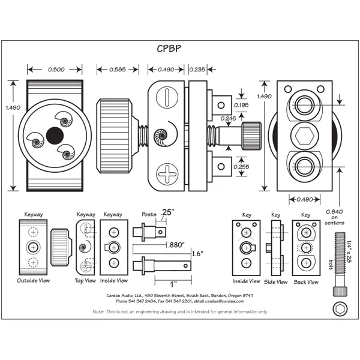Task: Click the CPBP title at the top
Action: click(169, 49)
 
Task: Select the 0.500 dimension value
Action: click(56, 70)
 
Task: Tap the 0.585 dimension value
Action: click(118, 70)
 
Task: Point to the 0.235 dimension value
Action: click(197, 70)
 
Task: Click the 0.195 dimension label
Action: click(241, 105)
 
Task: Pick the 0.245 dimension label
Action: click(228, 118)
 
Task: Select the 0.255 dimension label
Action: click(241, 167)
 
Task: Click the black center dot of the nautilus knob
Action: click(55, 136)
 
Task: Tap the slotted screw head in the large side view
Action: click(167, 97)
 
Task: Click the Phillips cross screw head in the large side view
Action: click(167, 174)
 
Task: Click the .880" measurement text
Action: click(176, 245)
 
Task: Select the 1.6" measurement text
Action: click(197, 254)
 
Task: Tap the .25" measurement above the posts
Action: click(167, 212)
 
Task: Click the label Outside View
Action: click(33, 281)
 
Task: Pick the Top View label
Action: click(85, 281)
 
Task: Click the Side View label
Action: click(276, 282)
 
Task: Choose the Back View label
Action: click(306, 282)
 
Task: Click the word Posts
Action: click(149, 214)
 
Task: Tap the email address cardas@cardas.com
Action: click(224, 301)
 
